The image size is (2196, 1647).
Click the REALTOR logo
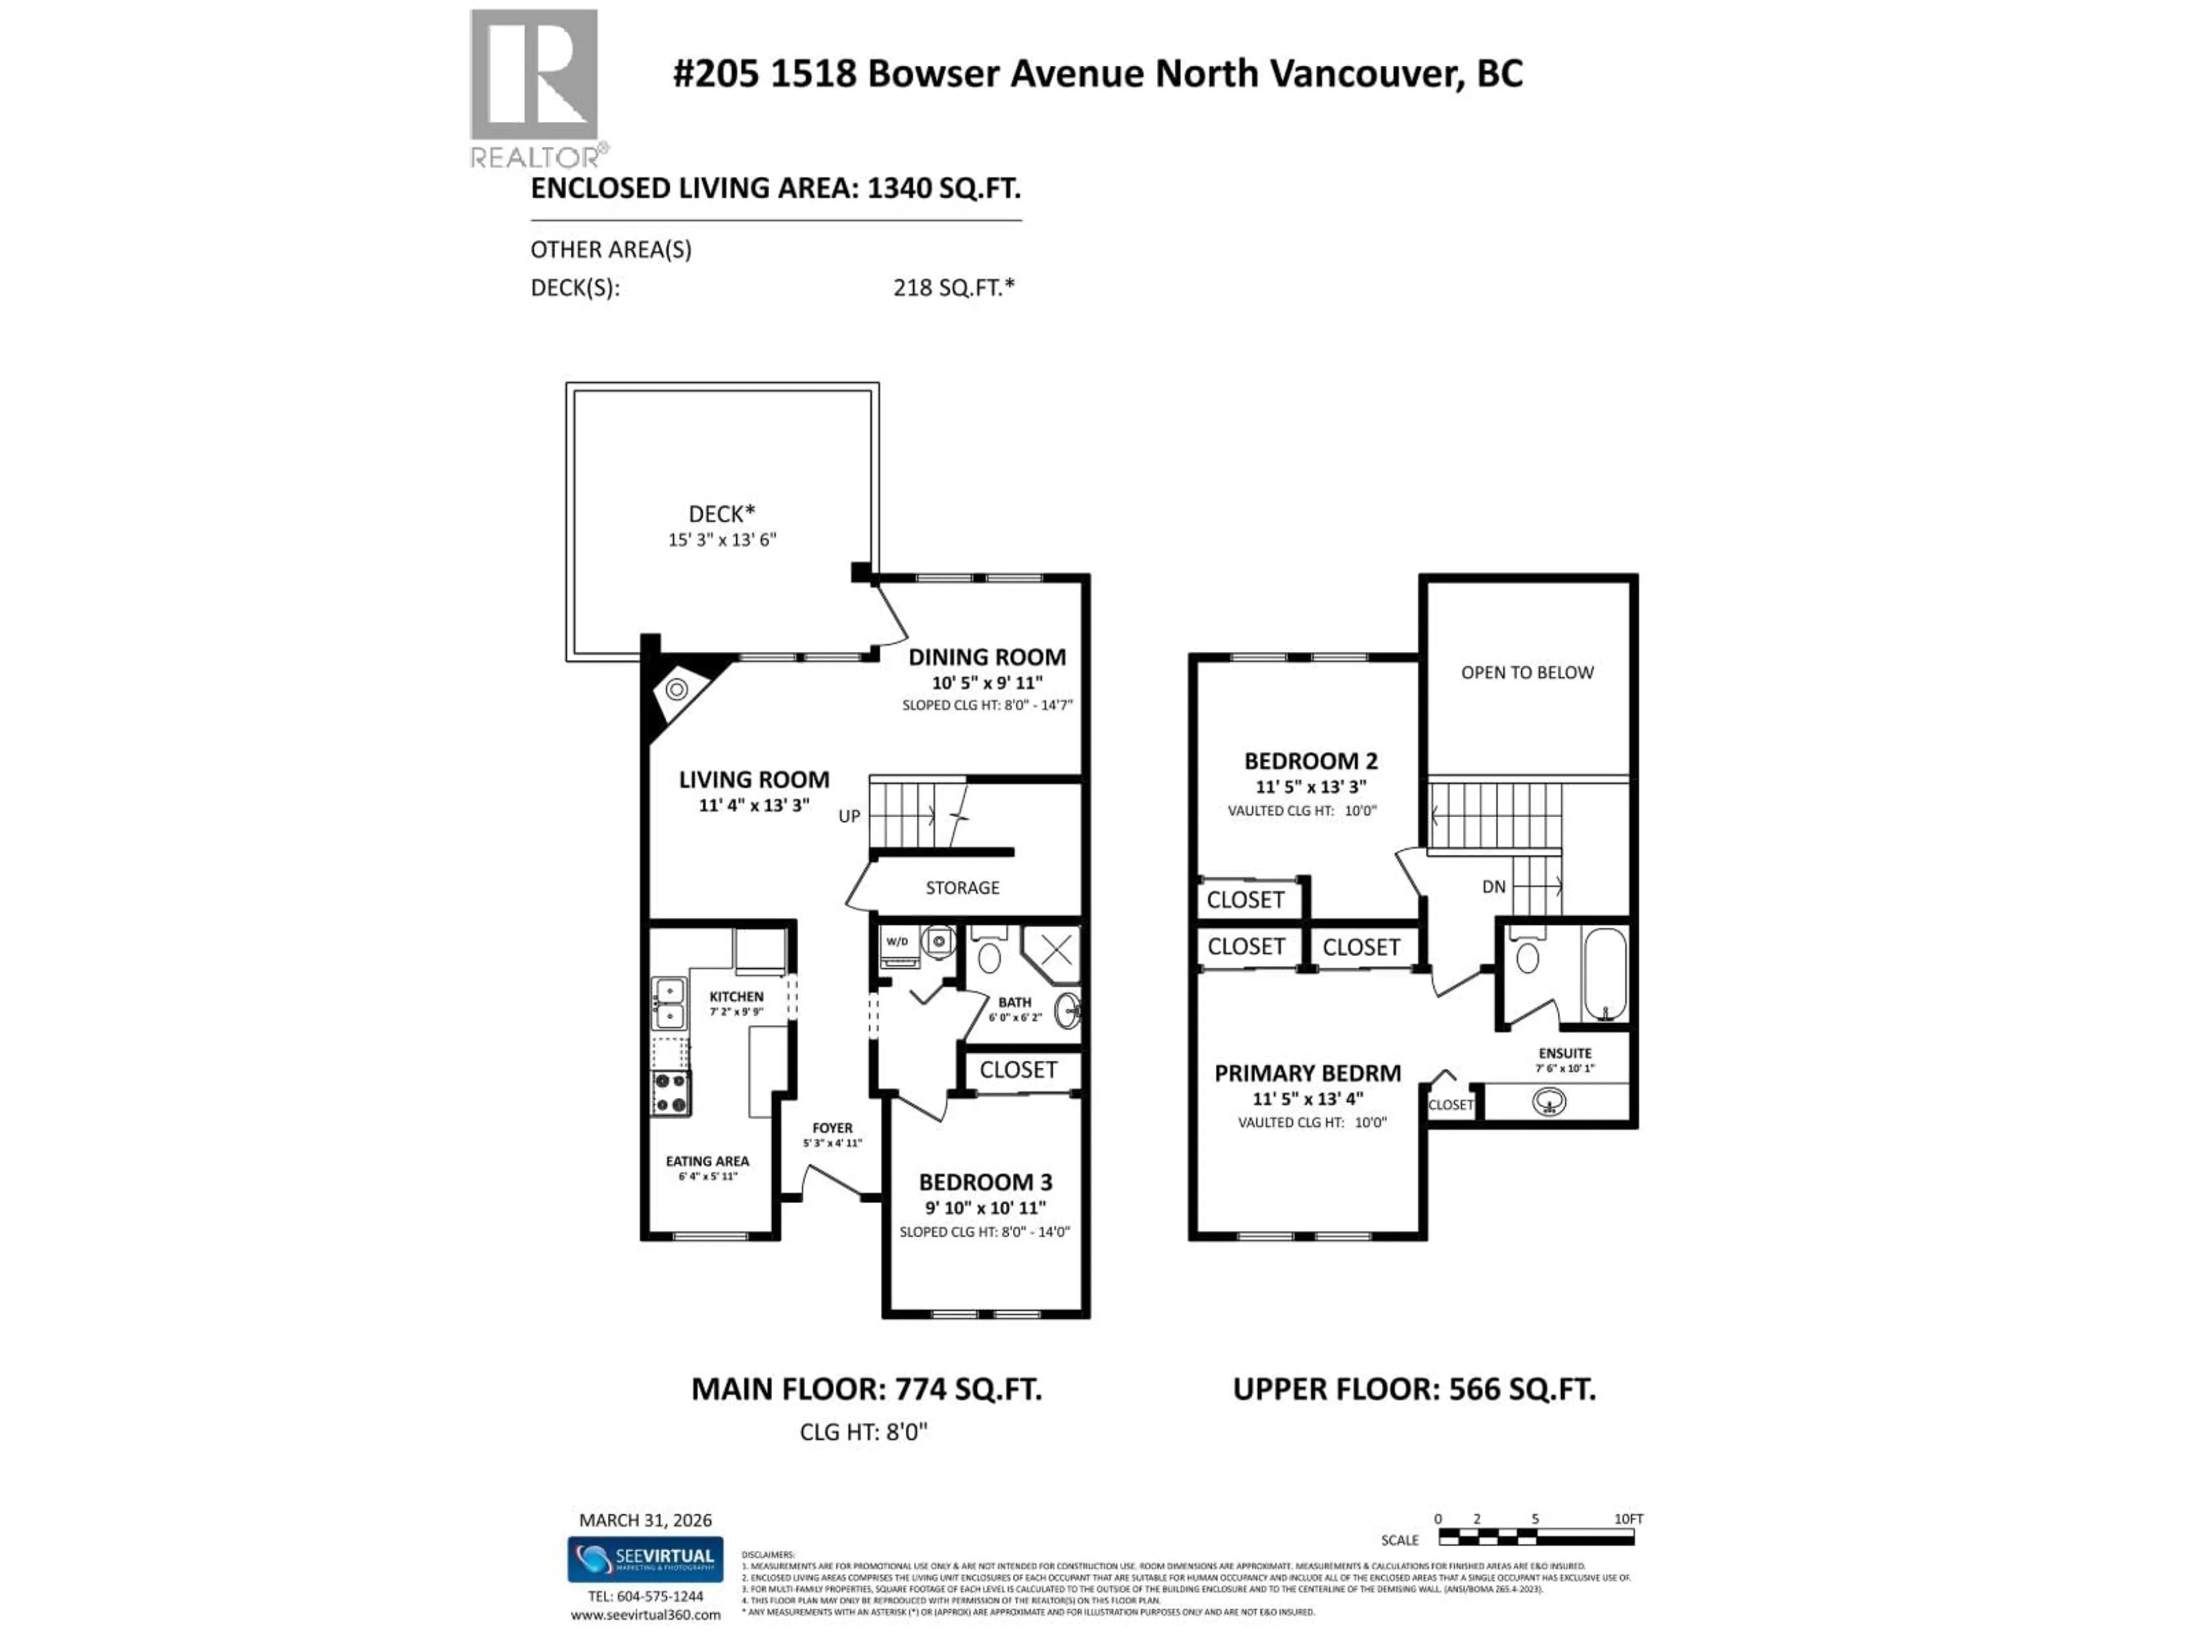pyautogui.click(x=534, y=87)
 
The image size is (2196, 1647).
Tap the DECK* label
pyautogui.click(x=722, y=514)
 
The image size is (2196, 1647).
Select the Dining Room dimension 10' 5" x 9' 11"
pyautogui.click(x=987, y=682)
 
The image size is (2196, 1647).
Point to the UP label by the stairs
pyautogui.click(x=849, y=816)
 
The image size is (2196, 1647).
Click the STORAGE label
pyautogui.click(x=962, y=888)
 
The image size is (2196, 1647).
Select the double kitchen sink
pyautogui.click(x=668, y=1002)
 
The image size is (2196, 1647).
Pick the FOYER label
pyautogui.click(x=832, y=1128)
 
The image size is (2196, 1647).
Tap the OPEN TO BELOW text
pyautogui.click(x=1527, y=672)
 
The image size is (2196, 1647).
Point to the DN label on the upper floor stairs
pyautogui.click(x=1493, y=886)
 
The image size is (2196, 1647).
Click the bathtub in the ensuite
pyautogui.click(x=1604, y=973)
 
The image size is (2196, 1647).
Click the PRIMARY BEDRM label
pyautogui.click(x=1307, y=1073)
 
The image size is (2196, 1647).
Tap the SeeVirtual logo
pyautogui.click(x=645, y=1558)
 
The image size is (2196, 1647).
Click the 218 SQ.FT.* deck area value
pyautogui.click(x=953, y=288)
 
